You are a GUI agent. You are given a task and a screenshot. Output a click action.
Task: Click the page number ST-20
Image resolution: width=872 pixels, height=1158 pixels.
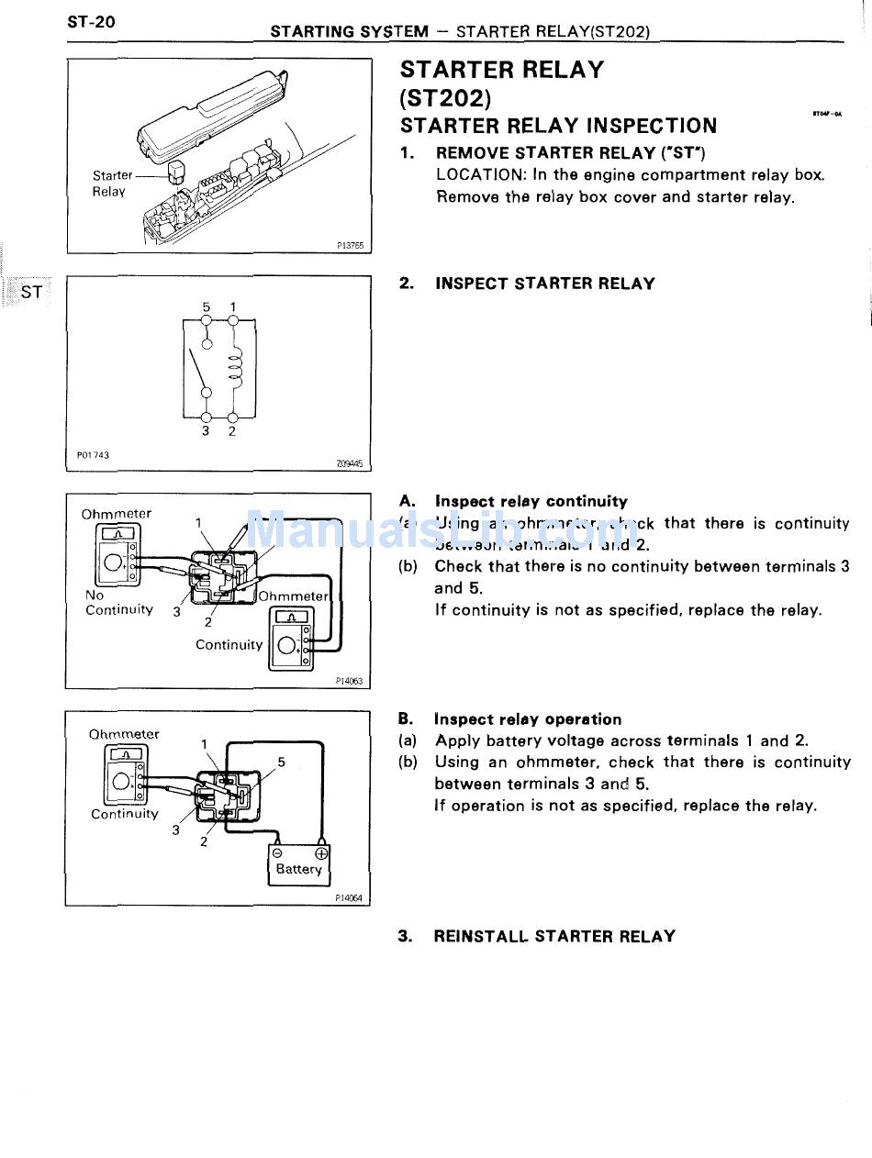point(91,21)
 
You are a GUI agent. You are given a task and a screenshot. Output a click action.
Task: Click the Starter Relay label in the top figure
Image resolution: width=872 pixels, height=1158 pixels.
point(111,184)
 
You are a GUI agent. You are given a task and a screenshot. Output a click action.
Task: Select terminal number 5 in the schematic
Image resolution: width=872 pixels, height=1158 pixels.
point(207,306)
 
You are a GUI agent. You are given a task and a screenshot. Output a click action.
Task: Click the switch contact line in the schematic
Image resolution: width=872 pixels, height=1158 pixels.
point(197,368)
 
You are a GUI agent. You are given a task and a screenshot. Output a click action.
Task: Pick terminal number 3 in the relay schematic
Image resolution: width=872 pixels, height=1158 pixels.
point(207,430)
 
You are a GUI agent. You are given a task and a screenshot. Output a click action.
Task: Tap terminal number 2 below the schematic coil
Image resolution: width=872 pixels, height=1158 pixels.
point(232,430)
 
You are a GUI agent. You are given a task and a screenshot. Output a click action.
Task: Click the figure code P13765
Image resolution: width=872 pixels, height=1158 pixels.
point(350,246)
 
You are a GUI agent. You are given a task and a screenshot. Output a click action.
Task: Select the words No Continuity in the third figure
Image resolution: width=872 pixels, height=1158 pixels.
point(118,603)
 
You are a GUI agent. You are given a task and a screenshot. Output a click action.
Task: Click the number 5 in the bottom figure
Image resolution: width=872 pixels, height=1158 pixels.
point(281,762)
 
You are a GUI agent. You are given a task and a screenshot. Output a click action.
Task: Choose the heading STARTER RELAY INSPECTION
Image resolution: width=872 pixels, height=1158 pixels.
point(558,126)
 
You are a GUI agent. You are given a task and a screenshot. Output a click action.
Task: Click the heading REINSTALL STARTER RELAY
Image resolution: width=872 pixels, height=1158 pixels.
point(553,936)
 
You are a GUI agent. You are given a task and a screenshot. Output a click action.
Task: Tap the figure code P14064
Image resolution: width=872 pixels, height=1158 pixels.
point(349,899)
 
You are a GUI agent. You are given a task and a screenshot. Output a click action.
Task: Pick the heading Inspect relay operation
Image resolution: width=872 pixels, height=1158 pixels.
point(528,719)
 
